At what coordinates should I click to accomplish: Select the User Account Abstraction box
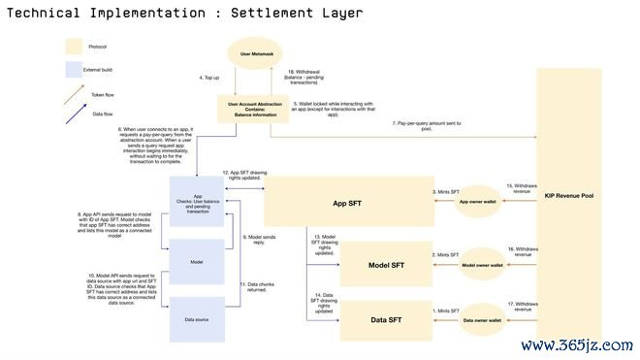point(254,109)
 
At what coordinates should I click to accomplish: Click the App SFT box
point(346,203)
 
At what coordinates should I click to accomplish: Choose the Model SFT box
point(385,265)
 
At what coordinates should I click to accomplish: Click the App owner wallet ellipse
point(477,202)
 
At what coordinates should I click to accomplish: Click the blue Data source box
point(198,318)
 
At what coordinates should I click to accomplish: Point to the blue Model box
point(198,261)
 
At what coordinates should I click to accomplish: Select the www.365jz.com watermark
point(576,345)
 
